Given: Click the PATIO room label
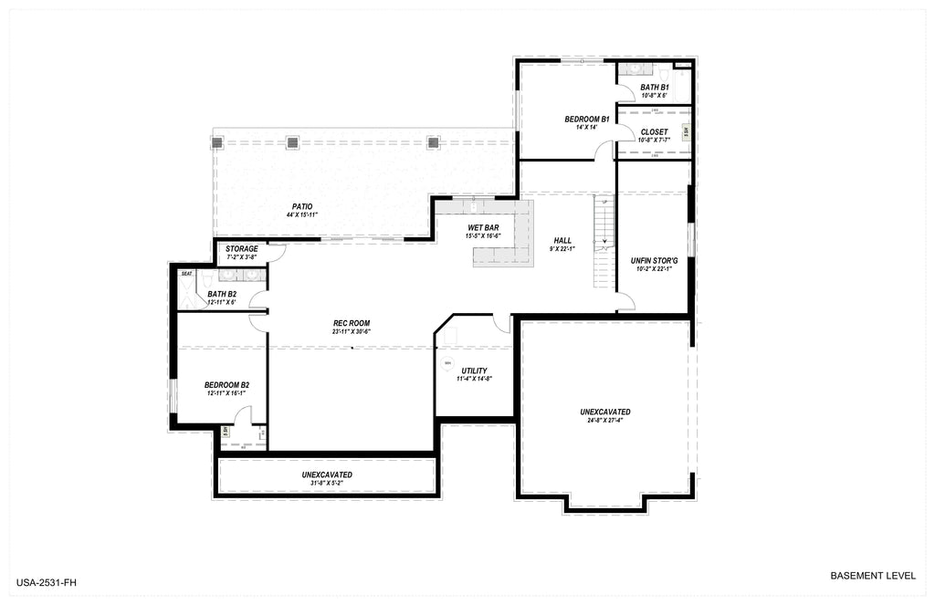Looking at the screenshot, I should (302, 206).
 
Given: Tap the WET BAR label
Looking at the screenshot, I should (483, 227).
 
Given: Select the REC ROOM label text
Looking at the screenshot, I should (352, 323).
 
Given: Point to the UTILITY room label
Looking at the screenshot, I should (474, 370).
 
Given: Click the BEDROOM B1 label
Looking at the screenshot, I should (586, 120).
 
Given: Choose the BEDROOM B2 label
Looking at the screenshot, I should (226, 385).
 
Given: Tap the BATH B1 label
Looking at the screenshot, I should (654, 88).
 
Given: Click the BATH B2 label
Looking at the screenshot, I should (221, 294).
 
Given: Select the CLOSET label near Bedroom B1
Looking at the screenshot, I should (654, 132).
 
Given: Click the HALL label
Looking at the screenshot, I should (562, 241).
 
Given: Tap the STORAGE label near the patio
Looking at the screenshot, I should (242, 249).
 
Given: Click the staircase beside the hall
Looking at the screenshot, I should (604, 242).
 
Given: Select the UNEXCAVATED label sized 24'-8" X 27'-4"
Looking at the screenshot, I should (604, 412).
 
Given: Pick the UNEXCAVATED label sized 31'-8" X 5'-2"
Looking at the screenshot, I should (327, 475).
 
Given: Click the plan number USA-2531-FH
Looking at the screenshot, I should (52, 581).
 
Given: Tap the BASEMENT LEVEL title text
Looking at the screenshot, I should (872, 576).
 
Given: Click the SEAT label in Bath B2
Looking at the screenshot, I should (186, 273).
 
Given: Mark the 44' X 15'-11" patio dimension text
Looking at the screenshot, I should (302, 214).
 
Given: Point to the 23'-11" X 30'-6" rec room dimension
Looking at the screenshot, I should (352, 331).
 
